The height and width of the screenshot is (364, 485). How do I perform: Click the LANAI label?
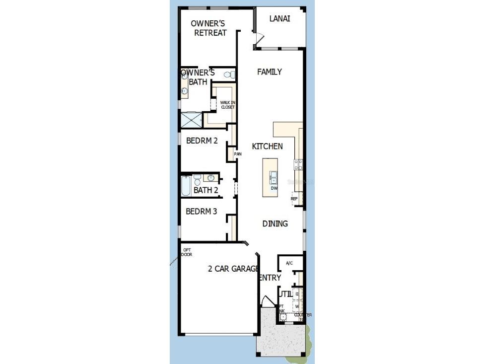click(x=279, y=19)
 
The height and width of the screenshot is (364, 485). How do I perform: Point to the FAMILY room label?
click(x=269, y=72)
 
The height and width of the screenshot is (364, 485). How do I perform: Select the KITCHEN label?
click(x=267, y=146)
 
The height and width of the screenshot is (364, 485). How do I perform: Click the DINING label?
click(x=275, y=223)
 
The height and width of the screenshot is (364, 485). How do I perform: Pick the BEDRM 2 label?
click(x=202, y=141)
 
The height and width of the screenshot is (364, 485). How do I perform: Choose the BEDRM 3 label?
click(x=201, y=212)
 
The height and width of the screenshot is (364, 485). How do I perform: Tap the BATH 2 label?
click(x=206, y=190)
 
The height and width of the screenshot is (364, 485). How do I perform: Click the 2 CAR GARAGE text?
click(x=233, y=269)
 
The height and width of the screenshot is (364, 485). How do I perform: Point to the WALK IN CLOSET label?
click(x=227, y=105)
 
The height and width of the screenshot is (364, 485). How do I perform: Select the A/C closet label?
click(x=289, y=263)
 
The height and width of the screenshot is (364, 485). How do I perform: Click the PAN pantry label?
click(x=238, y=154)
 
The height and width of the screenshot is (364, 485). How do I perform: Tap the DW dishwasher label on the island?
click(x=274, y=188)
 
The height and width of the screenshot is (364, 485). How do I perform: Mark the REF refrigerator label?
click(x=294, y=199)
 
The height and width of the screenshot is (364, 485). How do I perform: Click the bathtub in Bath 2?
click(x=185, y=186)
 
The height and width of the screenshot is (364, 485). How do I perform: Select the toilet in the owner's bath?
click(x=228, y=75)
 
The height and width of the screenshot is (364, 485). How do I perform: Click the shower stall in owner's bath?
click(x=191, y=120)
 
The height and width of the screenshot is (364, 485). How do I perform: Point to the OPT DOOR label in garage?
click(x=187, y=252)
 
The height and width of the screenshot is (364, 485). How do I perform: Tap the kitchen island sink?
click(x=273, y=176)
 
